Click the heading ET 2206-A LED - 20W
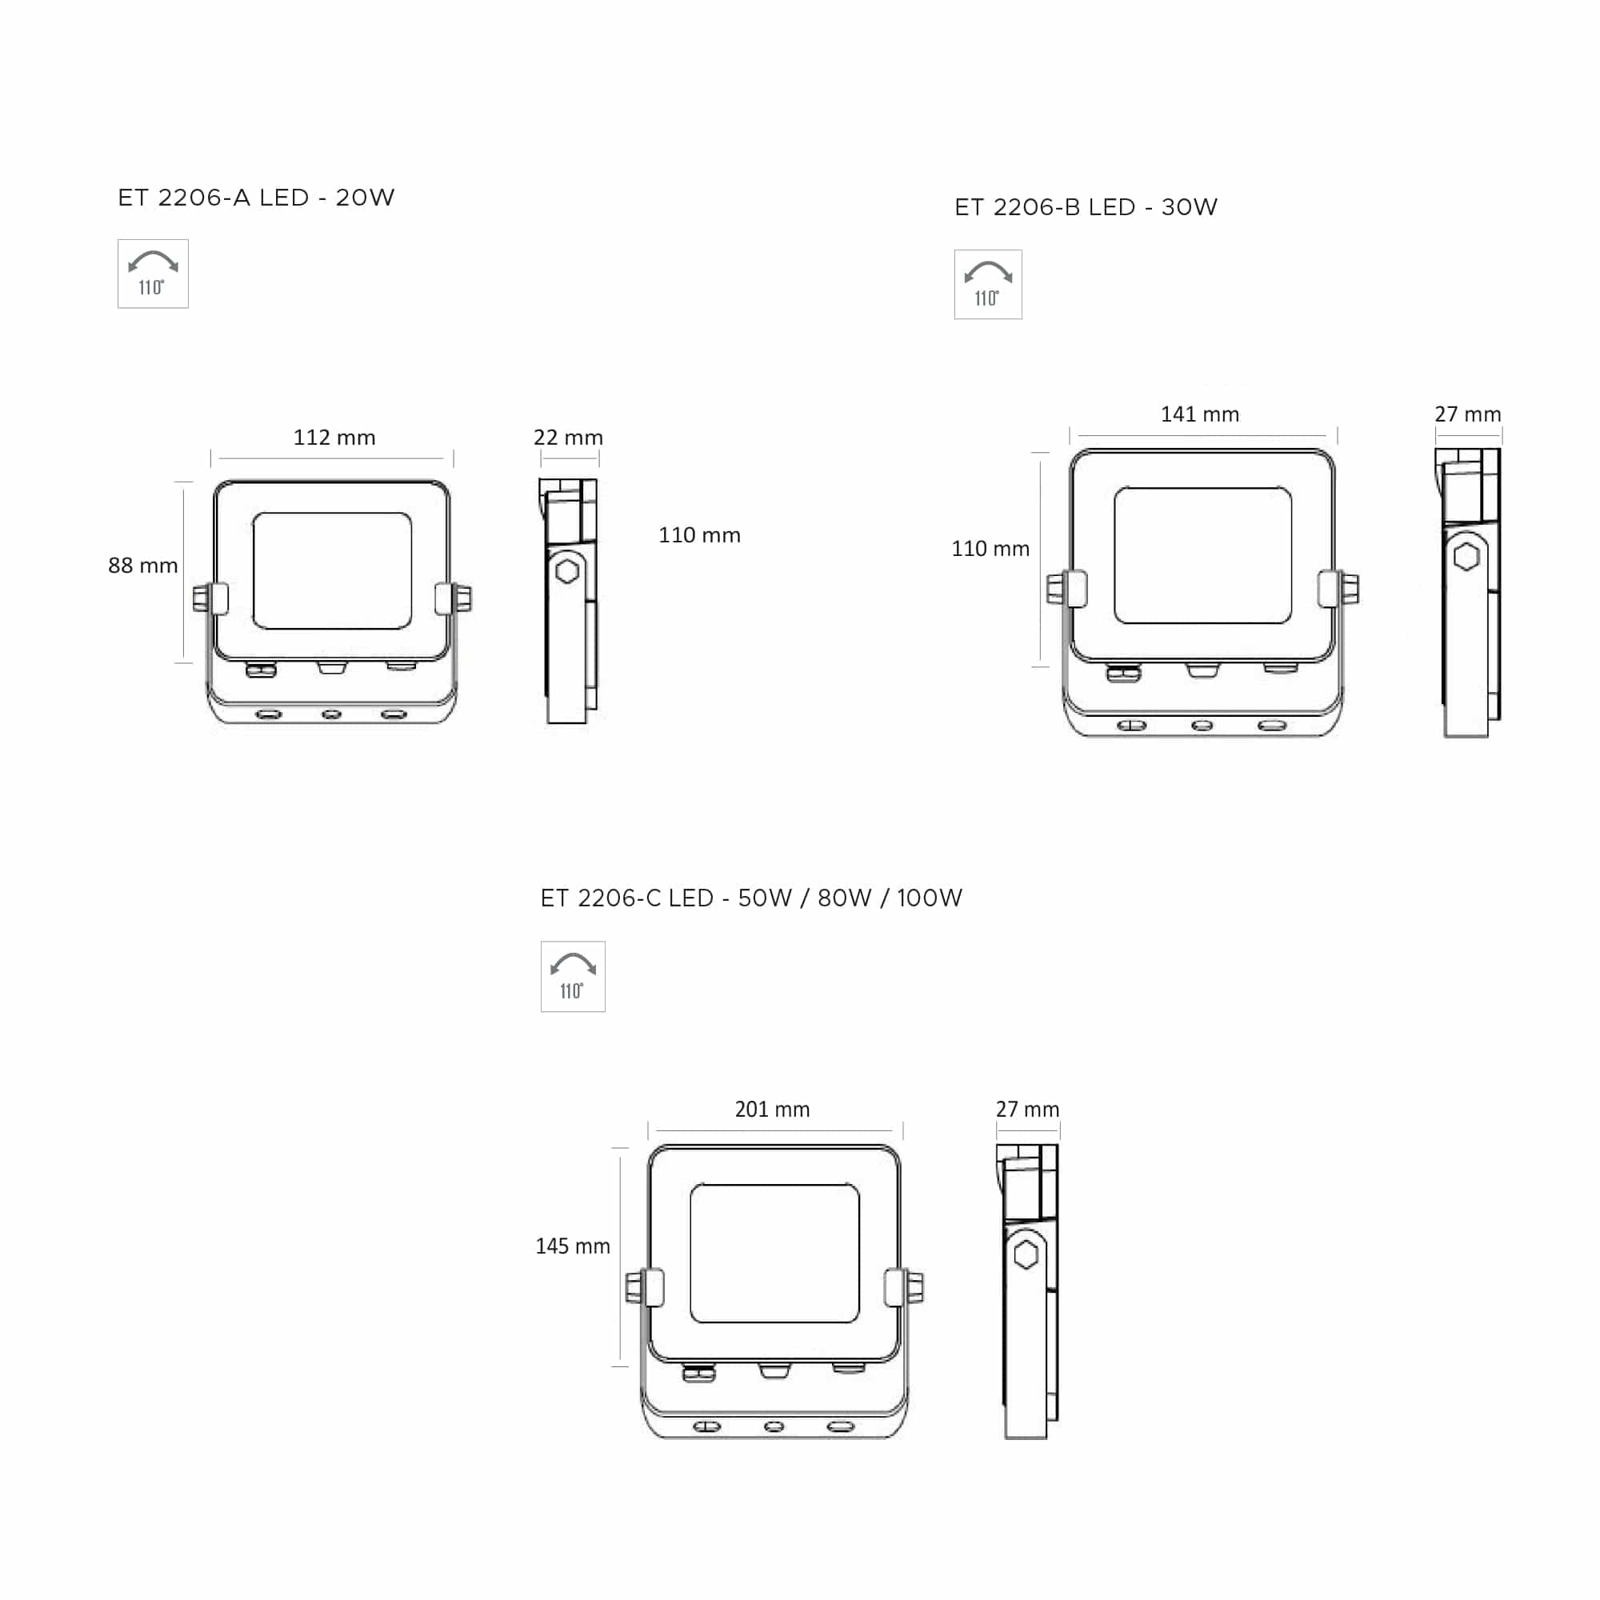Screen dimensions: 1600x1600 (x=256, y=198)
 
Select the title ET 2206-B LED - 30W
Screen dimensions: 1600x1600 (x=1086, y=207)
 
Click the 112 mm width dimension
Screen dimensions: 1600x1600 (x=334, y=438)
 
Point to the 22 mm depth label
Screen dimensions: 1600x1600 (x=568, y=438)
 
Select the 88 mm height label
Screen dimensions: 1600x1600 (x=142, y=566)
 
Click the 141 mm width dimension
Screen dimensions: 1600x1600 (x=1199, y=414)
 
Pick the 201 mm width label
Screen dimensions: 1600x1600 (x=772, y=1109)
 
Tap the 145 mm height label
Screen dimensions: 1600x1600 (x=572, y=1246)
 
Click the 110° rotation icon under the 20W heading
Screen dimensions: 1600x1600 (x=154, y=274)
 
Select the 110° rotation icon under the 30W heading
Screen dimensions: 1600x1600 (x=988, y=284)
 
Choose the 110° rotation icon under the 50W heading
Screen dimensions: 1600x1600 (x=572, y=976)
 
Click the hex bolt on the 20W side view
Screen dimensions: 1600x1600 (x=567, y=570)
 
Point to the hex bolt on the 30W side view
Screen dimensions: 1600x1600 (x=1466, y=557)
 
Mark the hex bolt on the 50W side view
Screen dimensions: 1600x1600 (x=1026, y=1254)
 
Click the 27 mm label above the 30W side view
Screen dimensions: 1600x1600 (x=1467, y=414)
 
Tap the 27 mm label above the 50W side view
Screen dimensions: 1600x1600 (x=1027, y=1109)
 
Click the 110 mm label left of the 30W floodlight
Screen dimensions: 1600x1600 (x=990, y=548)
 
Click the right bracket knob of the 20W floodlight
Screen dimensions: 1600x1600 (x=462, y=598)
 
